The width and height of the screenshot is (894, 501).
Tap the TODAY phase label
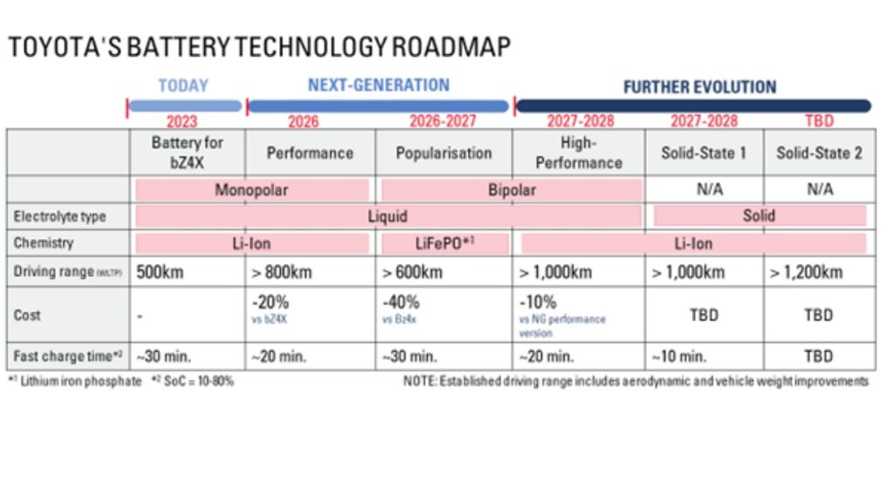pyautogui.click(x=183, y=86)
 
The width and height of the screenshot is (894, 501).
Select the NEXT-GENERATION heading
pyautogui.click(x=378, y=86)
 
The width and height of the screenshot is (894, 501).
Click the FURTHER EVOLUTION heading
pyautogui.click(x=699, y=87)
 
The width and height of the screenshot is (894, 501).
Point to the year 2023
pyautogui.click(x=182, y=122)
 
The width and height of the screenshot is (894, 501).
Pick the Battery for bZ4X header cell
pyautogui.click(x=188, y=152)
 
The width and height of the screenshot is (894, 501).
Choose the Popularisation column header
pyautogui.click(x=444, y=153)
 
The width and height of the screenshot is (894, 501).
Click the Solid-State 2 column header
pyautogui.click(x=819, y=153)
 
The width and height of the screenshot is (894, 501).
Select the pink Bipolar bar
pyautogui.click(x=511, y=189)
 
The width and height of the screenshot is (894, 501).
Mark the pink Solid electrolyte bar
pyautogui.click(x=759, y=216)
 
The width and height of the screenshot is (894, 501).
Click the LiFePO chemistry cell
pyautogui.click(x=444, y=244)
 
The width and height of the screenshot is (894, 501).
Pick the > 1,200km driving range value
pyautogui.click(x=806, y=272)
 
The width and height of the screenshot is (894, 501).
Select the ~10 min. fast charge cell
pyautogui.click(x=679, y=356)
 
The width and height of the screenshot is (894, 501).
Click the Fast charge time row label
pyautogui.click(x=66, y=356)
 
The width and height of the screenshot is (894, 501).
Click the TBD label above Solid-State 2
pyautogui.click(x=818, y=121)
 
